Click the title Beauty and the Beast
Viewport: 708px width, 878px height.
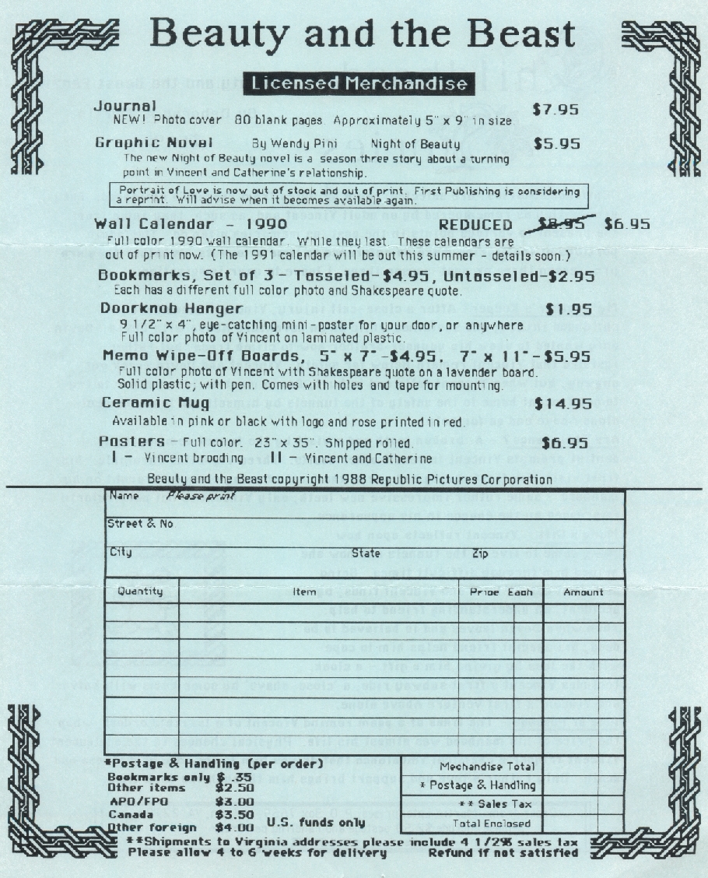(x=362, y=34)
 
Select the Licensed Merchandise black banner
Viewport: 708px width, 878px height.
(x=359, y=83)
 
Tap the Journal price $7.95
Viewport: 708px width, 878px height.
(x=556, y=109)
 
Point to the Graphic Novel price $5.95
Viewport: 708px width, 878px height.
(x=557, y=144)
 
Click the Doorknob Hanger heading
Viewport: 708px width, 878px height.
(x=160, y=308)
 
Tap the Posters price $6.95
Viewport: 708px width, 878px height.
(x=564, y=443)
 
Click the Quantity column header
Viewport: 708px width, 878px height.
(x=141, y=591)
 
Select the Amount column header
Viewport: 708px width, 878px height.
(x=584, y=592)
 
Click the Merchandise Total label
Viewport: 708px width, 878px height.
(x=477, y=767)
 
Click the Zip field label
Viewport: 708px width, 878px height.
(x=479, y=553)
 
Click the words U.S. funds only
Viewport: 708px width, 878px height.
(x=315, y=822)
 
